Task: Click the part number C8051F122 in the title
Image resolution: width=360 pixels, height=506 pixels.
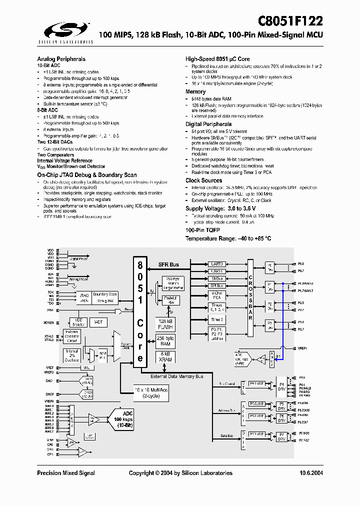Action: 290,21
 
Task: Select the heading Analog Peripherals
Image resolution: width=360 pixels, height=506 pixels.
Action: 61,58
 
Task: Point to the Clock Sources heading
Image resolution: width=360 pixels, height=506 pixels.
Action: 203,180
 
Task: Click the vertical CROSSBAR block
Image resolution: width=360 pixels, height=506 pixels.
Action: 250,298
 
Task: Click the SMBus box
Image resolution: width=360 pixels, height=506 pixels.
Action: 217,278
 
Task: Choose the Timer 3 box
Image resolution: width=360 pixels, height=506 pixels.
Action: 217,319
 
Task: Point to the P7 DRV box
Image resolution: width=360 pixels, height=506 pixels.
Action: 282,436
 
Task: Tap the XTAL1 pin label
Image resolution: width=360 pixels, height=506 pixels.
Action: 49,335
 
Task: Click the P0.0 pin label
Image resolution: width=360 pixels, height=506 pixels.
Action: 300,263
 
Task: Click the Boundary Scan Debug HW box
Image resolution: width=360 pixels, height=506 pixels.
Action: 105,297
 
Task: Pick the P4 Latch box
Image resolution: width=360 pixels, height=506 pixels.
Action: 257,383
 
